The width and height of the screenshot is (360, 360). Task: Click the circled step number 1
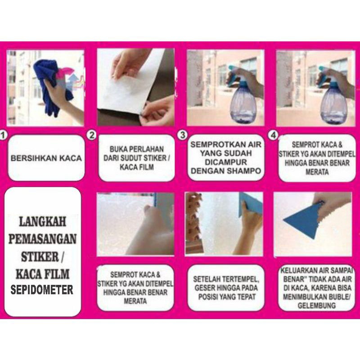[3, 135]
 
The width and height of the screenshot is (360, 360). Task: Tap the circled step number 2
[92, 135]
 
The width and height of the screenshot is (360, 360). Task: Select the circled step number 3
[183, 135]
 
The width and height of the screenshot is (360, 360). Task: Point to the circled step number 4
[273, 135]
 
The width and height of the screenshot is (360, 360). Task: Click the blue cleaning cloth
[47, 87]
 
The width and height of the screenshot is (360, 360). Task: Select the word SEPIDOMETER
[42, 290]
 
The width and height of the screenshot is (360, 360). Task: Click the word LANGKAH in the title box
[42, 222]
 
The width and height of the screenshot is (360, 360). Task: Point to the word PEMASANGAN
[42, 239]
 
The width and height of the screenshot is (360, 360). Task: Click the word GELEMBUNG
[317, 306]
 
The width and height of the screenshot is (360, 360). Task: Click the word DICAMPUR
[226, 162]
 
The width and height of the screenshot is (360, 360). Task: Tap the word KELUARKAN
[298, 271]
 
